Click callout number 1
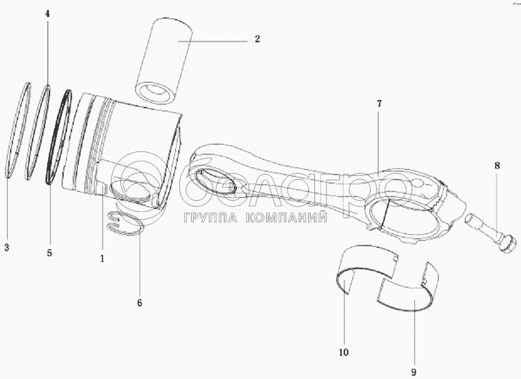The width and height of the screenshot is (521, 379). coord(102,258)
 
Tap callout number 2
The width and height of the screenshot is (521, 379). coord(257,39)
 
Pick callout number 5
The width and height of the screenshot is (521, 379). coord(49,253)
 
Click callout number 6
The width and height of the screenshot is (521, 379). coord(139,302)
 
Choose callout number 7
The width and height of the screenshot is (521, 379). coord(379,104)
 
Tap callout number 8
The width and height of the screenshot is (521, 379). coord(497,166)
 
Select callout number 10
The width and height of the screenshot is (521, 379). coord(344,353)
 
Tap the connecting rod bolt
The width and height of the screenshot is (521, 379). coord(489,237)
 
